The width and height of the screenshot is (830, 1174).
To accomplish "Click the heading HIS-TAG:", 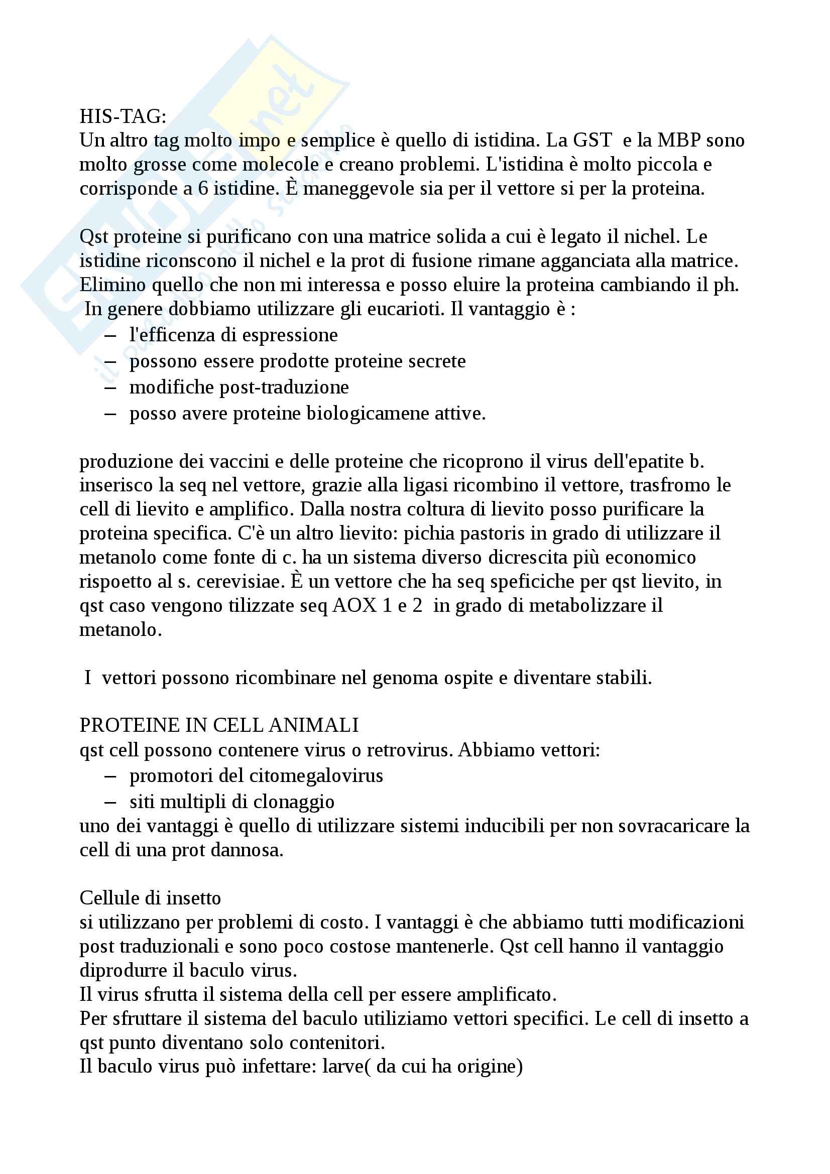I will pos(123,117).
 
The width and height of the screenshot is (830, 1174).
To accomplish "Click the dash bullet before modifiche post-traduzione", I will pos(110,387).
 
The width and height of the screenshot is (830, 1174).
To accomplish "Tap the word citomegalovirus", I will pos(316,775).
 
